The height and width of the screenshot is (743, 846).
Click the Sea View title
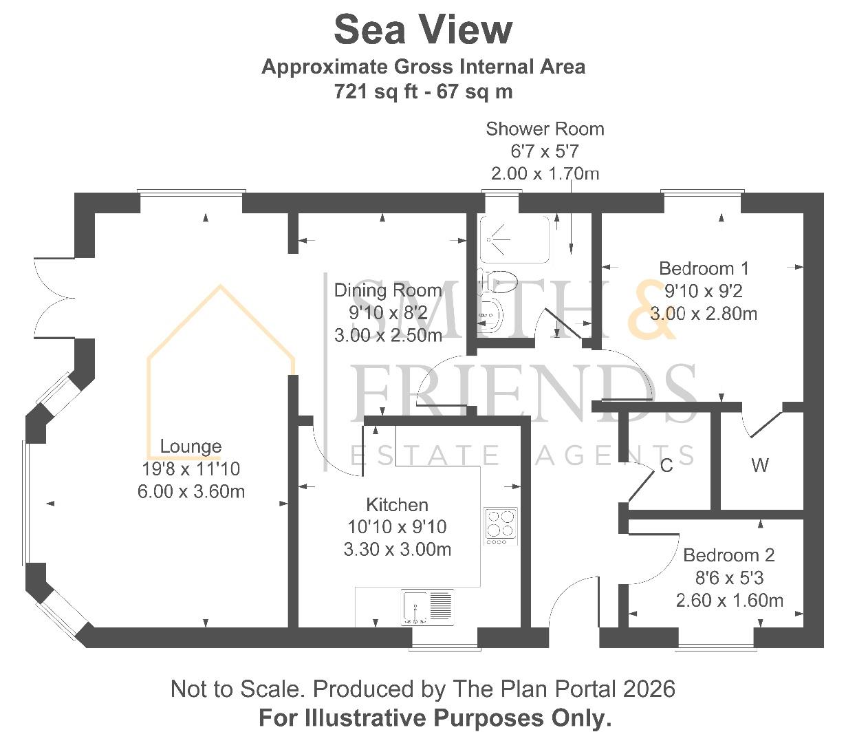click(x=423, y=30)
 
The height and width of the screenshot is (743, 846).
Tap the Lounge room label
click(x=191, y=446)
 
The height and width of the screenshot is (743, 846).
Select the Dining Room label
click(x=388, y=290)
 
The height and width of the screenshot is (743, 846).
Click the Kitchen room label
click(x=397, y=505)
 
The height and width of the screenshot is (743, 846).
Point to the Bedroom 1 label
click(x=704, y=268)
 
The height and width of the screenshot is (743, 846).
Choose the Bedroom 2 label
click(x=729, y=555)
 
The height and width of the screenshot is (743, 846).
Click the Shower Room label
click(x=545, y=129)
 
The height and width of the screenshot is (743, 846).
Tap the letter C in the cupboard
click(x=666, y=465)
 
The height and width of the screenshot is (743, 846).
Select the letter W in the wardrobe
click(x=760, y=465)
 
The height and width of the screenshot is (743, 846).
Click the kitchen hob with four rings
click(x=501, y=526)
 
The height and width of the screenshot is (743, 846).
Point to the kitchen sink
click(x=427, y=607)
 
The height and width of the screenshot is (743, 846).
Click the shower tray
click(x=514, y=239)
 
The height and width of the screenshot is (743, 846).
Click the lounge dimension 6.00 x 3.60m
click(x=191, y=492)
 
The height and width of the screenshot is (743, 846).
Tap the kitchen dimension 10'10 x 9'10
click(x=397, y=527)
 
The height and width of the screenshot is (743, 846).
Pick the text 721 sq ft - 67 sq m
click(x=423, y=91)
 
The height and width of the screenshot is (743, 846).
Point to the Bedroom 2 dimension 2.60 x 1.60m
click(x=730, y=601)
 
